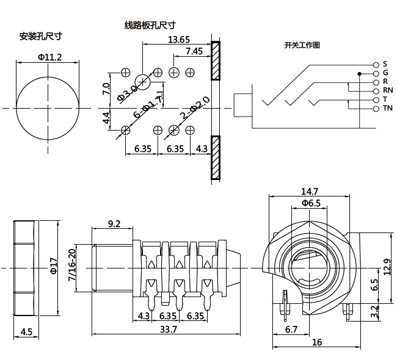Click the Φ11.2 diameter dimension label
coord(49,57)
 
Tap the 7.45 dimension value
coord(194,51)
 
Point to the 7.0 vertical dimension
coord(106,89)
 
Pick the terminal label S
coord(385,64)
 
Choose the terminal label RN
coord(387,90)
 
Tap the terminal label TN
coord(387,108)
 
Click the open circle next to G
coord(375,73)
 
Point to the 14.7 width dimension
coord(310,191)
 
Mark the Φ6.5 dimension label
coord(310,203)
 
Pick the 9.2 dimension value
coord(114,224)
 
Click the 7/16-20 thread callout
coord(71,265)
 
